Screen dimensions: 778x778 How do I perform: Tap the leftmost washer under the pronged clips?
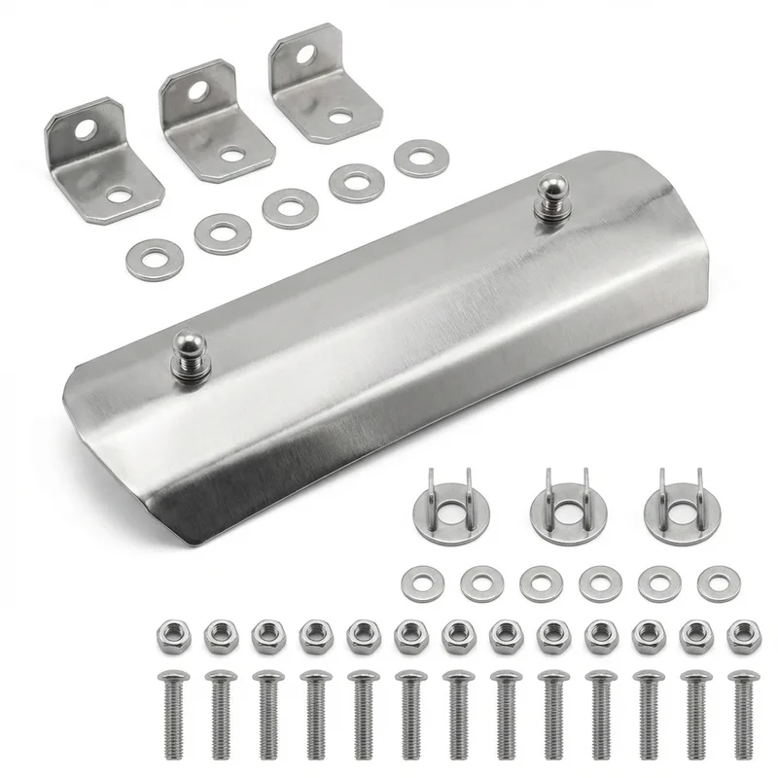[x=419, y=583]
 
